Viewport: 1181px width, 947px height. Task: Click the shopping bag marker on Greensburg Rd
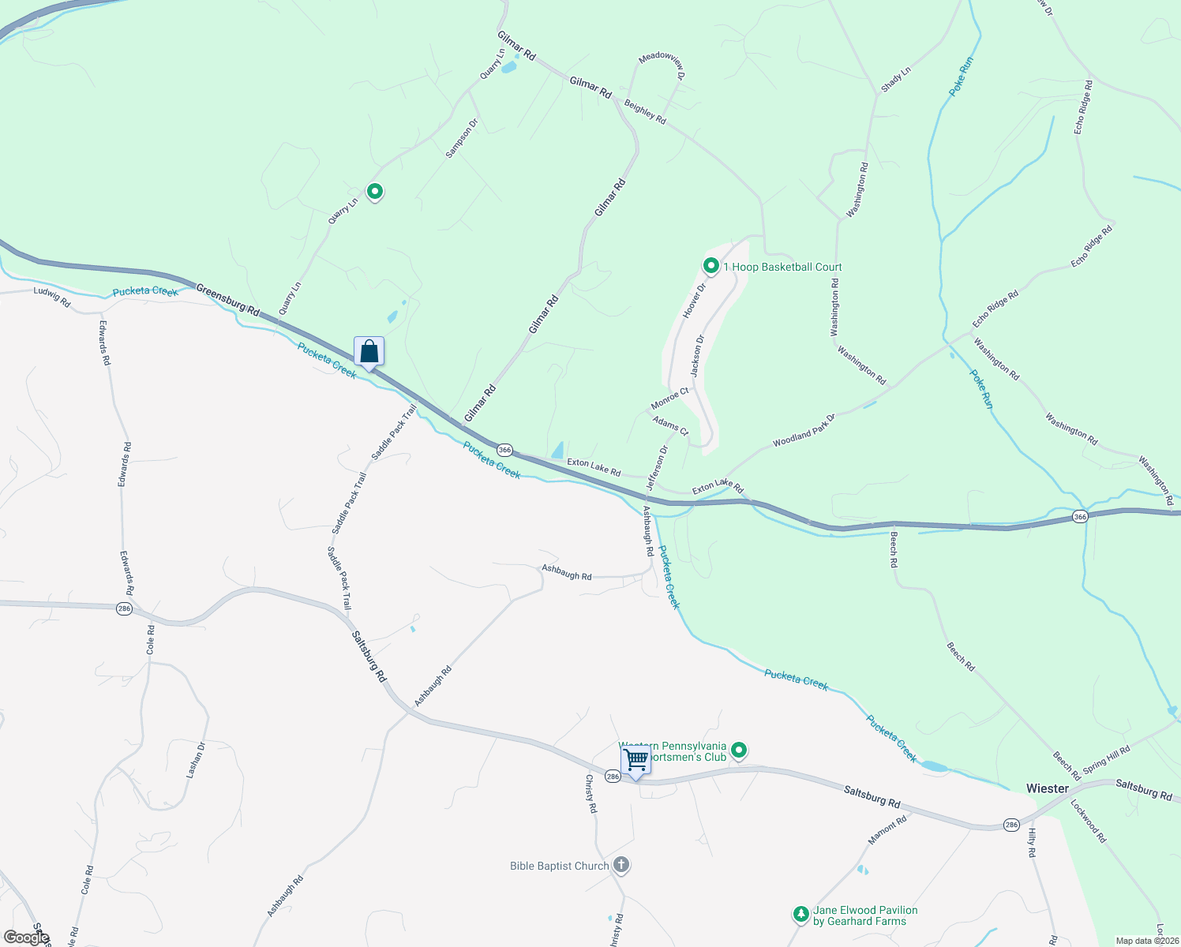[x=369, y=352]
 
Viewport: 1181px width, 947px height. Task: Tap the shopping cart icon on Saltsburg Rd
[x=635, y=760]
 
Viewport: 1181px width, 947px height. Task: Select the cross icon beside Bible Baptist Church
[x=621, y=866]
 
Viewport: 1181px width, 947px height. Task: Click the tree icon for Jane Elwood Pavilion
[x=801, y=915]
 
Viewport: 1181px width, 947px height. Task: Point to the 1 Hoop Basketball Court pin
[x=710, y=267]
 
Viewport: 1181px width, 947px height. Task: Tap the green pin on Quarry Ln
[x=375, y=191]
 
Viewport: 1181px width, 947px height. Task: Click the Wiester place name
[x=1047, y=788]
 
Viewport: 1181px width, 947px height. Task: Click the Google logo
[x=27, y=937]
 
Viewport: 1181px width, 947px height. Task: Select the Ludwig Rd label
[x=52, y=297]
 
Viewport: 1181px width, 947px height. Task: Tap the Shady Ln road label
[x=896, y=80]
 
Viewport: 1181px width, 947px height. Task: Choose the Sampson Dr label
[x=462, y=138]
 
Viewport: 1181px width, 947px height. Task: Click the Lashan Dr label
[x=196, y=760]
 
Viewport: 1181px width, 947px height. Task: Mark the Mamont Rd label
[x=887, y=830]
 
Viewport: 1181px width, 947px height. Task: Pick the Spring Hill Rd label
[x=1106, y=759]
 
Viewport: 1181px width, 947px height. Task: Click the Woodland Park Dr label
[x=804, y=430]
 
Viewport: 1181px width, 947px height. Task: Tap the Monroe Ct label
[x=669, y=398]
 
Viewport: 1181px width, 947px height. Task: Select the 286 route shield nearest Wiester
[x=1012, y=825]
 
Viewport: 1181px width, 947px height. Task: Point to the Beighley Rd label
[x=645, y=111]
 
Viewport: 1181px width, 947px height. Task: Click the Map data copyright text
[x=1146, y=941]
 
